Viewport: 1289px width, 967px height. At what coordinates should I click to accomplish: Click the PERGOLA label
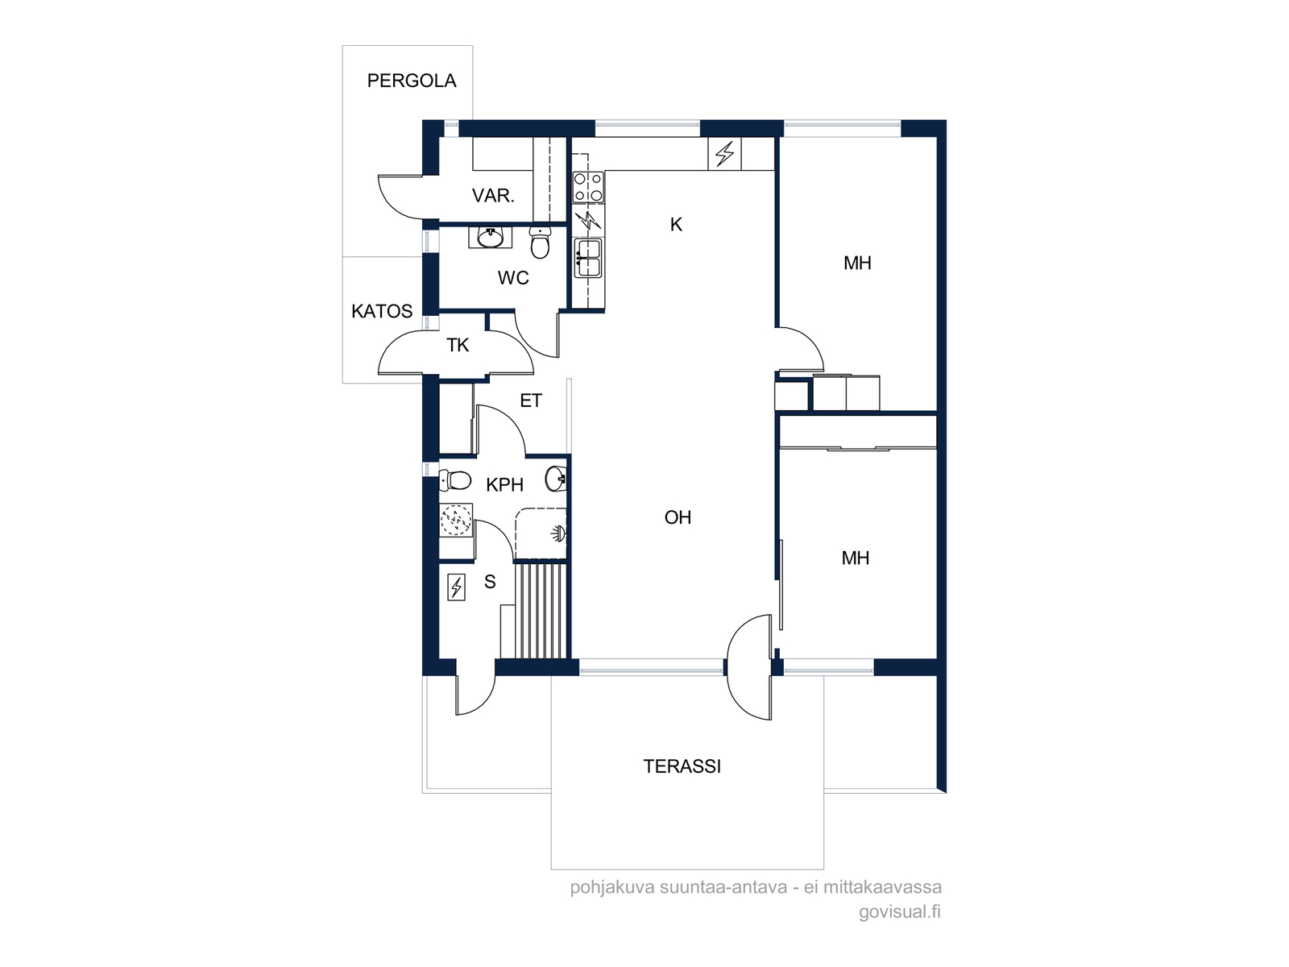pos(411,81)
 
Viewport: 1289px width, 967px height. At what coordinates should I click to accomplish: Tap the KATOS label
pos(382,311)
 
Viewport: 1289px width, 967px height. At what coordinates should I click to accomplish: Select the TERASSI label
pos(682,766)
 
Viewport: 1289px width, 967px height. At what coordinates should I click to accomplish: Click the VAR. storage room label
pos(493,196)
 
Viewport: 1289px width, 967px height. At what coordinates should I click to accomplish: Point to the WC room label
pos(512,278)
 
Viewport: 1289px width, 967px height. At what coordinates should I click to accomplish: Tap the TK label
pos(458,345)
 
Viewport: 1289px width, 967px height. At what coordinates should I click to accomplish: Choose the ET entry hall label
pos(531,400)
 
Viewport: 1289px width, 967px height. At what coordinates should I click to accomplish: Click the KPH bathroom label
pos(504,485)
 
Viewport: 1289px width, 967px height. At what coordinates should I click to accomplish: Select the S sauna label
pos(490,582)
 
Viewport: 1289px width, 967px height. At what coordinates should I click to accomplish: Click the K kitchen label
pos(676,224)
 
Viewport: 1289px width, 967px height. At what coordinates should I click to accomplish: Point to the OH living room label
pos(678,517)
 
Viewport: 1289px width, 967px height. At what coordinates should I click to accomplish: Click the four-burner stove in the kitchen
pos(588,187)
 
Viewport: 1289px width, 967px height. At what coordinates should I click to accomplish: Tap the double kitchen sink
pos(588,258)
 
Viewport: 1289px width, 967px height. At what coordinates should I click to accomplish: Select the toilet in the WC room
pos(540,242)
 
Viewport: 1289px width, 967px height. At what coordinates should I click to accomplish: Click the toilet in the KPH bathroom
pos(454,480)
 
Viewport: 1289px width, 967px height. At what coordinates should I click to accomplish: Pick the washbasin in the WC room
pos(490,237)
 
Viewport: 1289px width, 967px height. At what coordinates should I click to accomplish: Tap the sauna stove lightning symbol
pos(456,587)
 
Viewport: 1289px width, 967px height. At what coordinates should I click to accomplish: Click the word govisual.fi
pos(900,912)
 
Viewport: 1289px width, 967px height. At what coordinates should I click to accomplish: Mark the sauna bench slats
pos(541,611)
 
